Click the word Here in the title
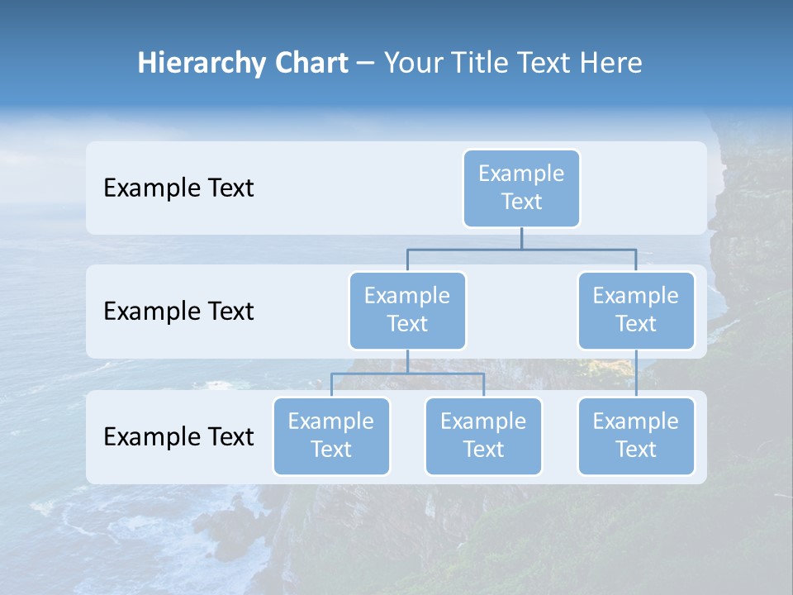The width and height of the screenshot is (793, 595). tap(610, 64)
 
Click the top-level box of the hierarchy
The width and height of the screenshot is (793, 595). tap(521, 188)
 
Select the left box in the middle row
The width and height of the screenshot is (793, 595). tap(407, 310)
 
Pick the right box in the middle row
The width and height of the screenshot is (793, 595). tap(636, 310)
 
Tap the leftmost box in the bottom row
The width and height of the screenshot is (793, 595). tap(331, 436)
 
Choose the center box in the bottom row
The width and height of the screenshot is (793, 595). tap(483, 436)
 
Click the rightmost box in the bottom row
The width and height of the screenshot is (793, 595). tap(636, 436)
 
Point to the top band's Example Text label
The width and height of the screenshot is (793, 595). tap(178, 188)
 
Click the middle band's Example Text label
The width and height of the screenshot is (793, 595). tap(178, 312)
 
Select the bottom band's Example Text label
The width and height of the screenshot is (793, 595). tap(178, 436)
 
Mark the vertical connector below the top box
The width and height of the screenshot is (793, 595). tap(521, 238)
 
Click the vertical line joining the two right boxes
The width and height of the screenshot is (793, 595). tap(636, 374)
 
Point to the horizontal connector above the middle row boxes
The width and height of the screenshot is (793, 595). tap(521, 249)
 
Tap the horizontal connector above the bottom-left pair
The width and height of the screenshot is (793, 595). tap(407, 374)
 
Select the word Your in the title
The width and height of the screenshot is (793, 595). tap(412, 64)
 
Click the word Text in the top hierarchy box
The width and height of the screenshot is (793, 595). tap(521, 202)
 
